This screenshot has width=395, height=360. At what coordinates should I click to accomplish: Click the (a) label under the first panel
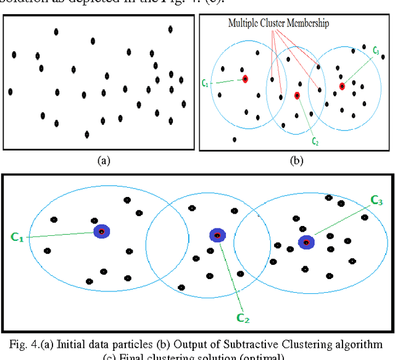tap(104, 161)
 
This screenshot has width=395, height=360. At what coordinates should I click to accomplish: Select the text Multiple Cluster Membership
tap(278, 23)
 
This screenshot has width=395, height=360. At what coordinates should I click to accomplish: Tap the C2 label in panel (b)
tap(315, 141)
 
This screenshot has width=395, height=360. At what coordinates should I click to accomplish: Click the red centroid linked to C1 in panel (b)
tap(245, 79)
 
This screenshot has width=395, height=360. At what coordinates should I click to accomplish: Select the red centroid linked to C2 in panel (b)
tap(297, 96)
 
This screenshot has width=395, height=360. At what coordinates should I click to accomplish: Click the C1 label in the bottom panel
tap(17, 237)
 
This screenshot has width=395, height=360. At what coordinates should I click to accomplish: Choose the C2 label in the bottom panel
tap(243, 318)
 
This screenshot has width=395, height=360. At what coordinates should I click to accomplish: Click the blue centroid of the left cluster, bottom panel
tap(101, 232)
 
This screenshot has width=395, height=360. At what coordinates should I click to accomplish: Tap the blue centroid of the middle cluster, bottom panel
tap(217, 235)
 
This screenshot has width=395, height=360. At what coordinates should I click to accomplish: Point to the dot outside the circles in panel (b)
tap(234, 140)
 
